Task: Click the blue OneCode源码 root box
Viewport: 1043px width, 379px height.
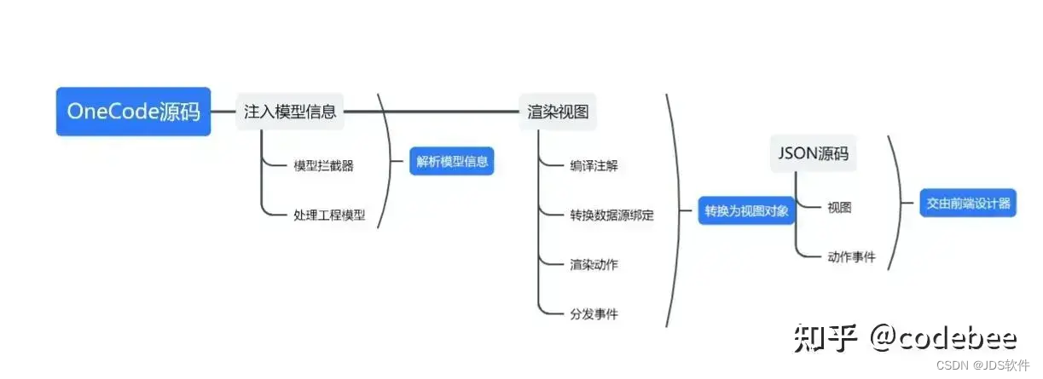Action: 133,112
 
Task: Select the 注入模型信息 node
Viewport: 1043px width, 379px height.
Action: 290,112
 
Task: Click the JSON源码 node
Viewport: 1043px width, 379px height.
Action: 814,154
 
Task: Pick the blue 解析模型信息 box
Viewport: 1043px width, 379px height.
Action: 451,162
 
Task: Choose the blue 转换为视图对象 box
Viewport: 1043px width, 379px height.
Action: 746,210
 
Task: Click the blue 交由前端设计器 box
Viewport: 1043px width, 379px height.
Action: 968,204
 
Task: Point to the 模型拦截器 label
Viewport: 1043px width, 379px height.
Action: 323,166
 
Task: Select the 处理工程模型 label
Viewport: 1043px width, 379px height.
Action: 329,215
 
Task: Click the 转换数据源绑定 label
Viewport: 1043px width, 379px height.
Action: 611,215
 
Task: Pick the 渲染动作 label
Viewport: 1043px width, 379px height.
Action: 594,264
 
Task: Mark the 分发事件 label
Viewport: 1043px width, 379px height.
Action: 594,314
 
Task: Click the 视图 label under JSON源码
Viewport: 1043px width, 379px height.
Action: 839,207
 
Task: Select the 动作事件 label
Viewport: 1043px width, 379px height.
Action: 851,256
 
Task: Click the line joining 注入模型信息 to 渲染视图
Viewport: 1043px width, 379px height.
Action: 431,112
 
